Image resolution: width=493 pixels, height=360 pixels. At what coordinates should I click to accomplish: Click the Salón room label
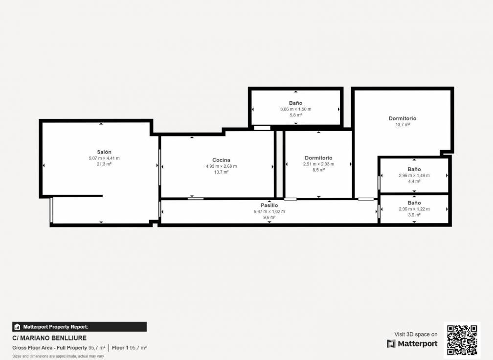[x=104, y=152]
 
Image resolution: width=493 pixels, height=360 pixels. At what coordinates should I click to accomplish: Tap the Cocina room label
[x=221, y=160]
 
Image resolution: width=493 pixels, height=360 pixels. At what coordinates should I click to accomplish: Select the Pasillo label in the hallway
[x=269, y=205]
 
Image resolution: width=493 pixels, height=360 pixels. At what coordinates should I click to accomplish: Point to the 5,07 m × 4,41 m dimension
[x=104, y=158]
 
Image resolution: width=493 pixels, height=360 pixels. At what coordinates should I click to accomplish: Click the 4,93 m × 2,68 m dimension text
[x=221, y=166]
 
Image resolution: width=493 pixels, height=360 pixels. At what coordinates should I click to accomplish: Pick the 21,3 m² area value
[x=104, y=164]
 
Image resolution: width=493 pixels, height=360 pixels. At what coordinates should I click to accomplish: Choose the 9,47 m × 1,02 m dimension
[x=269, y=211]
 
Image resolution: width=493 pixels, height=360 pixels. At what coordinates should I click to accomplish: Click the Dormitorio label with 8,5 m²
[x=318, y=158]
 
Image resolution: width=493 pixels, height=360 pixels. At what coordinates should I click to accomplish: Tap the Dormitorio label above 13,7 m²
[x=403, y=118]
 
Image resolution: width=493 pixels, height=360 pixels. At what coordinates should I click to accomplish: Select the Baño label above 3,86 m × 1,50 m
[x=295, y=103]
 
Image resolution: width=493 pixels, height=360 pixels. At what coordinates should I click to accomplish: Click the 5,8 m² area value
[x=295, y=115]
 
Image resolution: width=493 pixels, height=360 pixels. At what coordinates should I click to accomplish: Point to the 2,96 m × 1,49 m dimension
[x=414, y=175]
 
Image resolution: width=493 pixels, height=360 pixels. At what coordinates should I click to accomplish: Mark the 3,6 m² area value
[x=414, y=215]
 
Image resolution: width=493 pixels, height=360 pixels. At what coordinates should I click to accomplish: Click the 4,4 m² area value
[x=414, y=181]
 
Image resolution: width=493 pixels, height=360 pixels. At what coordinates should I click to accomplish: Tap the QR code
[x=462, y=340]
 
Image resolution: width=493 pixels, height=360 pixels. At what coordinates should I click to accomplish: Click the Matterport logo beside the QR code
[x=412, y=344]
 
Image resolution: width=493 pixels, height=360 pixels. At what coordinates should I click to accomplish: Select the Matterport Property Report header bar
[x=79, y=327]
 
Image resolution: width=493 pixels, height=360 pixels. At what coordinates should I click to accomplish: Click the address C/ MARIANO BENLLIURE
[x=49, y=338]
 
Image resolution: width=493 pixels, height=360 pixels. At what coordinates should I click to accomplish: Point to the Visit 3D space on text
[x=416, y=335]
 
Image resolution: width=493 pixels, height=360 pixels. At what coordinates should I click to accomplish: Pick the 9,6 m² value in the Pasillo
[x=269, y=217]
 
